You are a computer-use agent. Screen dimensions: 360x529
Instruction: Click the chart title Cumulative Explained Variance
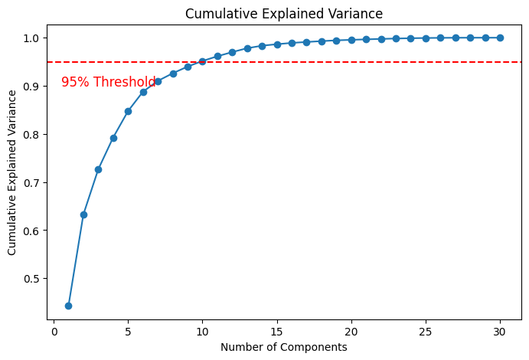click(x=284, y=14)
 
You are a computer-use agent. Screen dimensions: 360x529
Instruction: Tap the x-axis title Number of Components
click(x=284, y=347)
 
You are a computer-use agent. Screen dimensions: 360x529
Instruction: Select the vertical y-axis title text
click(x=13, y=172)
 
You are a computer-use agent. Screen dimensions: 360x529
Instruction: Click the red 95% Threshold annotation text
click(x=108, y=82)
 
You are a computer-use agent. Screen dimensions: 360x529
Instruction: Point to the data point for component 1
click(x=68, y=306)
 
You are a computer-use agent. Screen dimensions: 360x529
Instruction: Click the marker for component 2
click(x=83, y=214)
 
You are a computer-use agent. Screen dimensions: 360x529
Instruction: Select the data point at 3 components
click(x=98, y=169)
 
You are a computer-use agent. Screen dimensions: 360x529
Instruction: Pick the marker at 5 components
click(x=128, y=111)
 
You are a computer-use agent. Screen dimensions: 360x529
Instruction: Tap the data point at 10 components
click(x=202, y=61)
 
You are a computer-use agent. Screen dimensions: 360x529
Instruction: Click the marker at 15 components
click(x=277, y=44)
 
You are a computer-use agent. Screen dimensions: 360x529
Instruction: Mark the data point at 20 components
click(x=351, y=40)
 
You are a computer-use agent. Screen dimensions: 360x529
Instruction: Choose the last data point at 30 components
click(x=500, y=38)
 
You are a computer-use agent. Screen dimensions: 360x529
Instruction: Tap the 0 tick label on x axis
click(x=54, y=332)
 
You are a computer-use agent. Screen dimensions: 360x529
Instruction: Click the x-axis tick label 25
click(x=426, y=332)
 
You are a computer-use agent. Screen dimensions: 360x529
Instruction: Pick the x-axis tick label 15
click(x=277, y=332)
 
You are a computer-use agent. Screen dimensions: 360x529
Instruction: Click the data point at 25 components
click(x=426, y=38)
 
